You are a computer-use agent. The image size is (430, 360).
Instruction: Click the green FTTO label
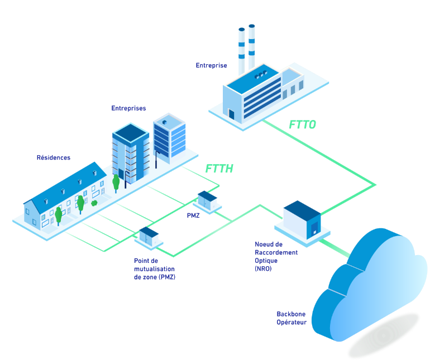point(303,124)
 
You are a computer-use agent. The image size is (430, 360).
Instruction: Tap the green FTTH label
point(219,169)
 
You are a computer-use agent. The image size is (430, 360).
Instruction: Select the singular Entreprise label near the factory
point(211,65)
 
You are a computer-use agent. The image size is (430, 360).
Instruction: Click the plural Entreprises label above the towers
point(128,108)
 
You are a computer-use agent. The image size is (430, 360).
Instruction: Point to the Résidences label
point(54,158)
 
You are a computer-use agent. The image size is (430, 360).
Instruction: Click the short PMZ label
point(193,215)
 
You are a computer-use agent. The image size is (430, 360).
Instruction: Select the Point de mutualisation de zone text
point(154,268)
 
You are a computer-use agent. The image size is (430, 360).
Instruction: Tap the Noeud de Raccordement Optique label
point(276,256)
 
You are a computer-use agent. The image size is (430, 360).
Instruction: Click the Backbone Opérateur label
point(292,318)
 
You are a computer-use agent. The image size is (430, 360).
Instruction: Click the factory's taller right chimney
point(252,48)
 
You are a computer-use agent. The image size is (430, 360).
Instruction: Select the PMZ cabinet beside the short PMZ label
point(207,201)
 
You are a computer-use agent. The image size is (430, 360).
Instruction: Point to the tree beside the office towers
point(116,183)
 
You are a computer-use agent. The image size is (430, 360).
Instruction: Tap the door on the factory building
point(231,114)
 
